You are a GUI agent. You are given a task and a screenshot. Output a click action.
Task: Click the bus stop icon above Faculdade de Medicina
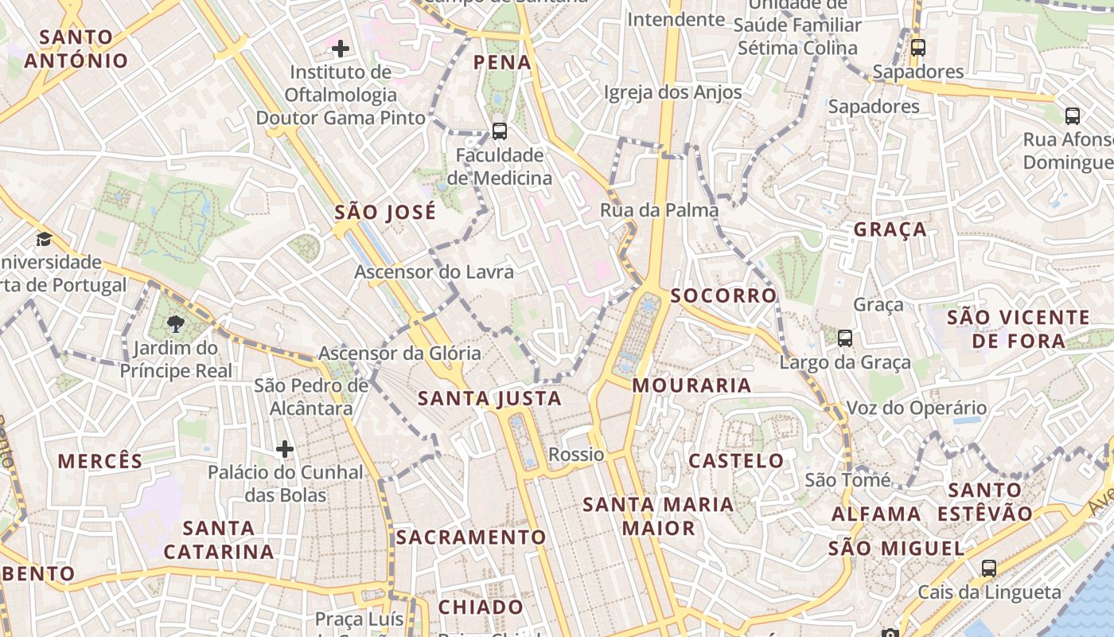pyautogui.click(x=500, y=131)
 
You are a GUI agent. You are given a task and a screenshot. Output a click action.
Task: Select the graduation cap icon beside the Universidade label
pyautogui.click(x=44, y=239)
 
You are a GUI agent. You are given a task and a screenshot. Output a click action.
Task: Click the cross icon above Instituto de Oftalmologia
pyautogui.click(x=341, y=49)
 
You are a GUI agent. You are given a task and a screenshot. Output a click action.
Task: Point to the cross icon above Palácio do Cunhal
pyautogui.click(x=285, y=449)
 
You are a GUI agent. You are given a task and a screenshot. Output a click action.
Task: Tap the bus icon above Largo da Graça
pyautogui.click(x=845, y=338)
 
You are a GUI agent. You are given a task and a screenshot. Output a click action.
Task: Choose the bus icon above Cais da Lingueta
pyautogui.click(x=989, y=569)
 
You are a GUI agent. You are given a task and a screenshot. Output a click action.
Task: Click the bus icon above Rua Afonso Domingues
pyautogui.click(x=1073, y=116)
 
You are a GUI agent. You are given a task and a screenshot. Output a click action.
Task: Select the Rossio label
pyautogui.click(x=576, y=455)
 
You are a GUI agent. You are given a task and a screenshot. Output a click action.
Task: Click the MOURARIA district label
pyautogui.click(x=691, y=385)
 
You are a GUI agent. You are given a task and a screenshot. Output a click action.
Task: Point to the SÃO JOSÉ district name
pyautogui.click(x=385, y=212)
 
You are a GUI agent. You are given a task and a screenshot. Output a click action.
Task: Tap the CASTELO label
pyautogui.click(x=736, y=460)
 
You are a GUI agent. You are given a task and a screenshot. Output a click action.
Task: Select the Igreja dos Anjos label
pyautogui.click(x=672, y=92)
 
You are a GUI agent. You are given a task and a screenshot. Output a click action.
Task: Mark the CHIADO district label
pyautogui.click(x=481, y=607)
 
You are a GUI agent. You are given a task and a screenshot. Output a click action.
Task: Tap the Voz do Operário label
pyautogui.click(x=916, y=408)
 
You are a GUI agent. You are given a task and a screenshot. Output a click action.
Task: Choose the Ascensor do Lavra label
pyautogui.click(x=434, y=272)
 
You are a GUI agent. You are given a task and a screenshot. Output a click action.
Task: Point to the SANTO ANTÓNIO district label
pyautogui.click(x=76, y=49)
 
